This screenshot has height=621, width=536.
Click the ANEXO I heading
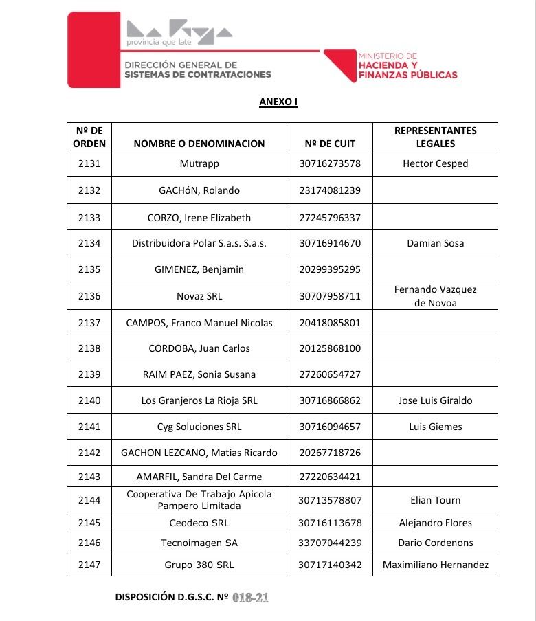coord(278,102)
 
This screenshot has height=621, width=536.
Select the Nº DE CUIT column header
coord(329,144)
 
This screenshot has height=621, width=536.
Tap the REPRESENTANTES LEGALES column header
coord(435,137)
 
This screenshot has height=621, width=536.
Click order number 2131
coord(89,163)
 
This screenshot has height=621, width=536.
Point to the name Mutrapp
coord(199,163)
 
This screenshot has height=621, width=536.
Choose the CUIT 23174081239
coord(329,190)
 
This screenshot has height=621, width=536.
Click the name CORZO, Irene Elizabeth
coord(199,218)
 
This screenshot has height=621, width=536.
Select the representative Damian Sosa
coord(435,243)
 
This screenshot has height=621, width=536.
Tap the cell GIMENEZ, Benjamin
coord(199,269)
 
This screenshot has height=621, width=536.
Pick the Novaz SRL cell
coord(199,296)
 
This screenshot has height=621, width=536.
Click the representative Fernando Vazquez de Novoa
coord(435,296)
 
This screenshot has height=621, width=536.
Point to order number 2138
coord(89,348)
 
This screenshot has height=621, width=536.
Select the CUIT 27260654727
coord(329,374)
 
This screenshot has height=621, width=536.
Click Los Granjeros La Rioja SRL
coord(199,400)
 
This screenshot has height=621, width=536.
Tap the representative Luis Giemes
coord(435,427)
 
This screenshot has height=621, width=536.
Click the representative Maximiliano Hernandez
coord(435,565)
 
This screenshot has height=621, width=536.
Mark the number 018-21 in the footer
coord(250,598)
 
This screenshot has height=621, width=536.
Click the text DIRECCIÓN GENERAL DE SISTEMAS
coord(197,69)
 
